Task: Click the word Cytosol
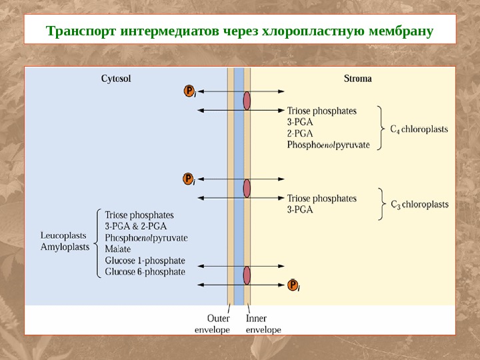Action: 116,79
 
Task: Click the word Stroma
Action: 357,79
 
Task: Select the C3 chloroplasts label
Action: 419,204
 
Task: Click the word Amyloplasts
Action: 65,247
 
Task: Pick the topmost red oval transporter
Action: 247,101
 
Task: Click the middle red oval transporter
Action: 247,189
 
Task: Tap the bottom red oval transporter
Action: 247,276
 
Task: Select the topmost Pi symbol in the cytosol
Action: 189,91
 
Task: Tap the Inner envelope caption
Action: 263,324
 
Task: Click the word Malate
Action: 118,249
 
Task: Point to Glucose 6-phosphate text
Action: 145,272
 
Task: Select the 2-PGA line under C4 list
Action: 299,133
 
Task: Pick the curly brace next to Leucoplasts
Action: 95,243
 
